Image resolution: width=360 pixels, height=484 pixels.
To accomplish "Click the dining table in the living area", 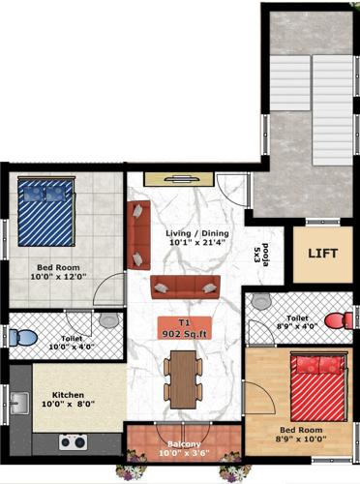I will (x=181, y=378).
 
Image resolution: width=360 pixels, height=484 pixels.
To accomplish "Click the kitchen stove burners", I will (x=73, y=442).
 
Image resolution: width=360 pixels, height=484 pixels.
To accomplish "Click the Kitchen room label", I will (x=69, y=396).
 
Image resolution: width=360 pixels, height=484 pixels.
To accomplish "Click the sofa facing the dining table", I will (x=185, y=286).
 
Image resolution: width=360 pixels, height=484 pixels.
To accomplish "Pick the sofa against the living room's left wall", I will (x=138, y=235).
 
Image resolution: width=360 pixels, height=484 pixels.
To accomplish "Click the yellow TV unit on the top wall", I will (x=178, y=178).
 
